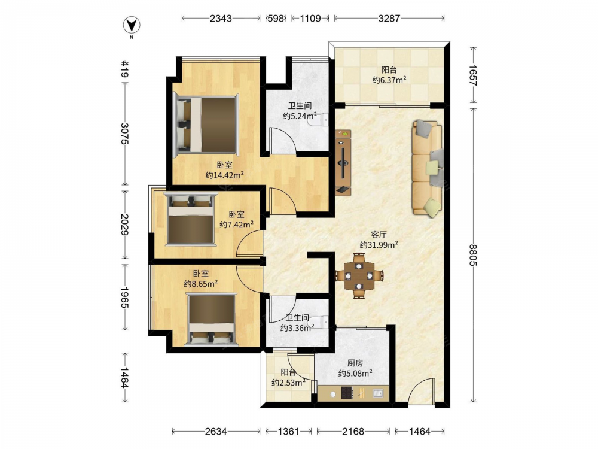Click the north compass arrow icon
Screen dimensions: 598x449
pos(132,26)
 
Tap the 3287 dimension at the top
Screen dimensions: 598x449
pos(389,18)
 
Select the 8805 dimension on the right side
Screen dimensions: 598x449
pos(473,255)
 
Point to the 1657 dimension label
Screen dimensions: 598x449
pos(473,75)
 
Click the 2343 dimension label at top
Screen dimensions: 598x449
pos(221,18)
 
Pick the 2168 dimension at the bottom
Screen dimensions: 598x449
pos(353,432)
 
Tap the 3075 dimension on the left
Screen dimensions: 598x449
pos(125,134)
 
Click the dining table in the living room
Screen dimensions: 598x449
pos(359,275)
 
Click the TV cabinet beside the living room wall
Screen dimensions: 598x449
pos(343,163)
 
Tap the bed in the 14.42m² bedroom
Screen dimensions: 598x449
pos(206,126)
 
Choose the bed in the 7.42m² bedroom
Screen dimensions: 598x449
pos(190,219)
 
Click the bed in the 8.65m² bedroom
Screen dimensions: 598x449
pos(211,320)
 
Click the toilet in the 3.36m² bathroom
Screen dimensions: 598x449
pos(324,323)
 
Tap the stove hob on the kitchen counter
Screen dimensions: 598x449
pos(347,393)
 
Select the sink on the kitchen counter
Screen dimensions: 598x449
pos(377,393)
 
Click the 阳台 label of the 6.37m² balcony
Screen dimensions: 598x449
pos(389,70)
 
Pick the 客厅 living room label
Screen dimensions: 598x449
pos(379,235)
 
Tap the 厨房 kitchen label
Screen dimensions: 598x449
pos(355,363)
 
